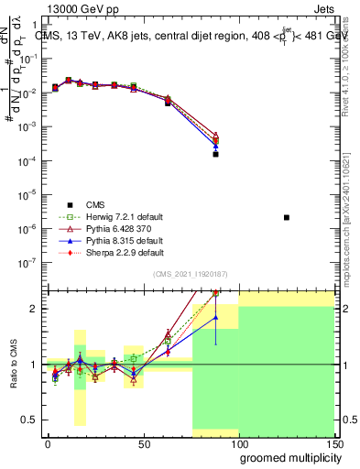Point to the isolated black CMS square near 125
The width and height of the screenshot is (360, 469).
(x=287, y=217)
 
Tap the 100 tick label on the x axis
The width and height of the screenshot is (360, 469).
(x=240, y=443)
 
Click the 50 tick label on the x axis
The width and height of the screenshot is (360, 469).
(x=144, y=443)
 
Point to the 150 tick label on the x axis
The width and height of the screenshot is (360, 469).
(x=335, y=443)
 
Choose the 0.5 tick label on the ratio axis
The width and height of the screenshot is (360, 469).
(x=29, y=420)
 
